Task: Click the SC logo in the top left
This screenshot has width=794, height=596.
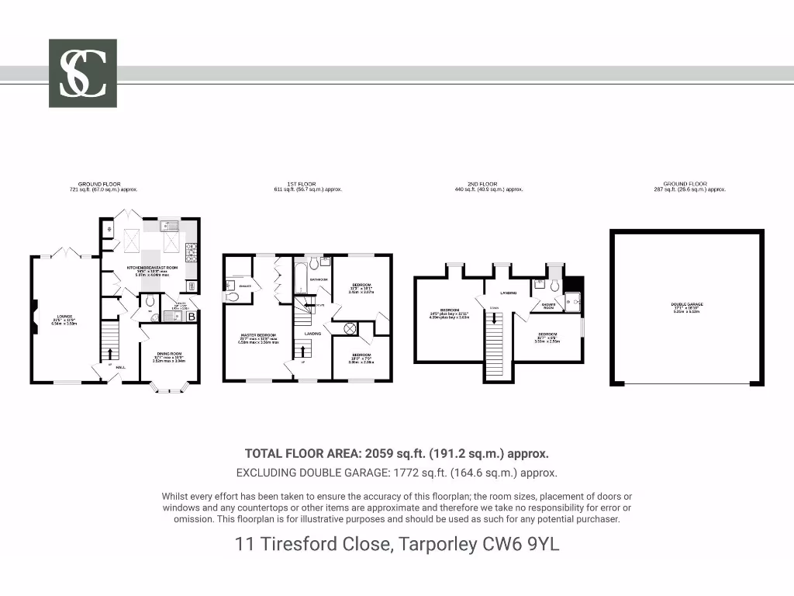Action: pos(83,73)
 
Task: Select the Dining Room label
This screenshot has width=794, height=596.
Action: pos(169,354)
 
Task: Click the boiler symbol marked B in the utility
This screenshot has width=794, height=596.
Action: pos(191,317)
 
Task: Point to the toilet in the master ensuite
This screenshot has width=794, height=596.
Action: pos(232,296)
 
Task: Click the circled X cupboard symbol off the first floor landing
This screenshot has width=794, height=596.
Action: pos(350,329)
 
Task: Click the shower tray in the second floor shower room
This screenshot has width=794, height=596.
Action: pos(574,303)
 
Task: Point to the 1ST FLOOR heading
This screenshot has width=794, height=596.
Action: pos(308,185)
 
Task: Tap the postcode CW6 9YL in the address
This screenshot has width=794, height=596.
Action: pos(520,545)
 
